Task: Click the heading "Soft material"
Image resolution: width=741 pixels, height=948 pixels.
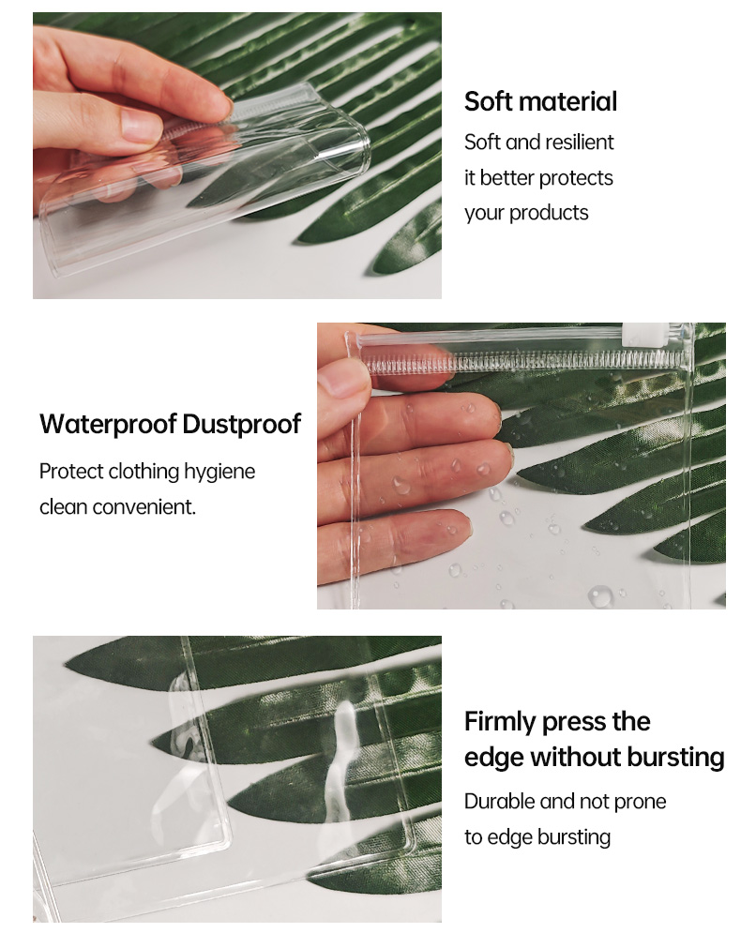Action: [540, 101]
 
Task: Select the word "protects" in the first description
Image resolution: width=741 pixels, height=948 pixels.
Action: [576, 178]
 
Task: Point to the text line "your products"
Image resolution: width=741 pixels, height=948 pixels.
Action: [526, 214]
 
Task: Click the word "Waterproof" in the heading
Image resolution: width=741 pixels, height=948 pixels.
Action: [108, 424]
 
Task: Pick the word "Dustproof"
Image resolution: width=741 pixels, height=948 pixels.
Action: [241, 424]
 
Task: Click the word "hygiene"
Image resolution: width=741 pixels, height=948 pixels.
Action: [219, 472]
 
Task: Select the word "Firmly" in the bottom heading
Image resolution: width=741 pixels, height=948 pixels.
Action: [500, 721]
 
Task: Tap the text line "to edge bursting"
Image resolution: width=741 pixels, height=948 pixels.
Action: [537, 837]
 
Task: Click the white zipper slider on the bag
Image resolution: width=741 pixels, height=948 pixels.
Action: [634, 333]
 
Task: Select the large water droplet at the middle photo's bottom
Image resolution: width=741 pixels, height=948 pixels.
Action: [600, 595]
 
